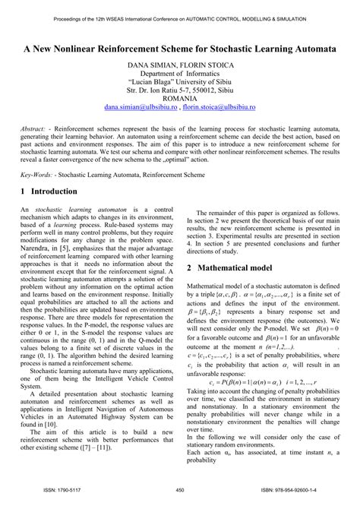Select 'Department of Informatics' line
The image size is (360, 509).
point(180,78)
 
